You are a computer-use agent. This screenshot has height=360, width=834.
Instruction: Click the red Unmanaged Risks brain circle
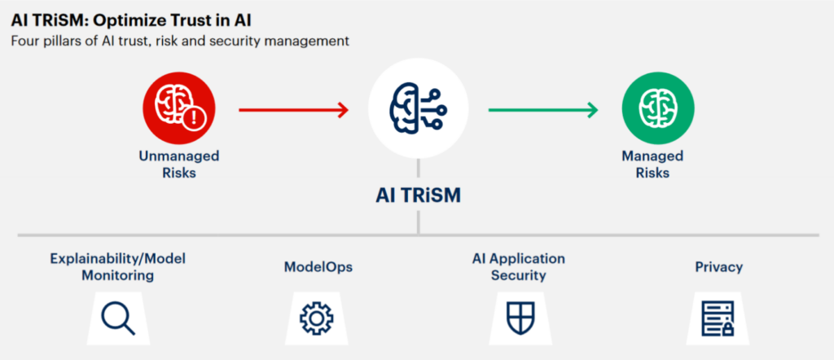[x=178, y=108]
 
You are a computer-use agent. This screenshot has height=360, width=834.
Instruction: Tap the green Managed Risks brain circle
[x=658, y=109]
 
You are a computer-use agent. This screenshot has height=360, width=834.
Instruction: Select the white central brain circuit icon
[x=418, y=108]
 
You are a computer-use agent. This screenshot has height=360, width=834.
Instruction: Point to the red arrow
[x=293, y=110]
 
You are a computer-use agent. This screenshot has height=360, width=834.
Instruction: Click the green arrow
[x=543, y=110]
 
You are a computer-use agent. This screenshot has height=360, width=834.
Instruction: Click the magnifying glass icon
[x=118, y=318]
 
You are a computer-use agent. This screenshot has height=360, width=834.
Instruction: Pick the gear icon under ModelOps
[x=317, y=318]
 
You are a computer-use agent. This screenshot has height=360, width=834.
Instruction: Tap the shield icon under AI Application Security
[x=520, y=318]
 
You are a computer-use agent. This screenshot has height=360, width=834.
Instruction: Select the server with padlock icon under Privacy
[x=718, y=318]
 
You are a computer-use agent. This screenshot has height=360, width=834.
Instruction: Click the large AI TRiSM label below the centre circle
[x=418, y=195]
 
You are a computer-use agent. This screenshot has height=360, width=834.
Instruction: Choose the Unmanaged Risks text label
[x=178, y=165]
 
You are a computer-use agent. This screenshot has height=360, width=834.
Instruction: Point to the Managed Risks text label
[x=652, y=165]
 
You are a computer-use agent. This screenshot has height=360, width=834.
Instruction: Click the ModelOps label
[x=318, y=267]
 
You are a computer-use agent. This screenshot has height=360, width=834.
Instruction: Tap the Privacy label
[x=719, y=267]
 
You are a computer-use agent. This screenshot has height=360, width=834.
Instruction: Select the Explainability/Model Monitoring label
[x=118, y=267]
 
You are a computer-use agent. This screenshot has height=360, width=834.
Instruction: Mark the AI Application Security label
[x=519, y=267]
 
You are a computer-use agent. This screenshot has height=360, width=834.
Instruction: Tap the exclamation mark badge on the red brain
[x=193, y=118]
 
